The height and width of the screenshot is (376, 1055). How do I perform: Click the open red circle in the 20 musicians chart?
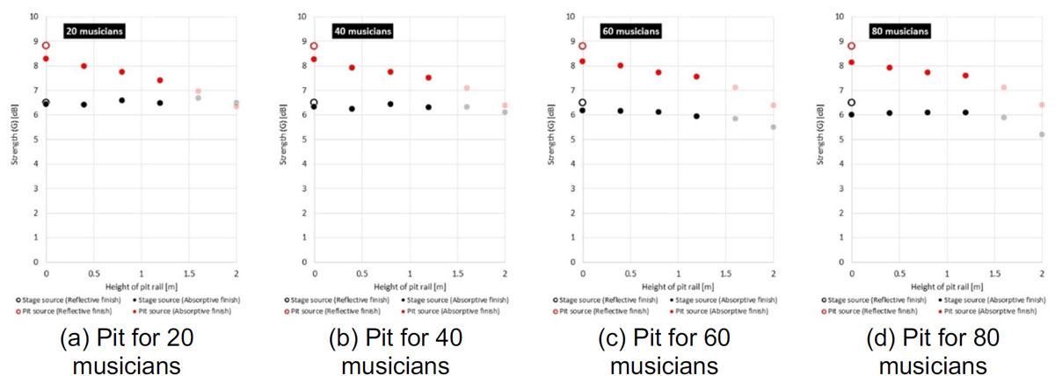[46, 45]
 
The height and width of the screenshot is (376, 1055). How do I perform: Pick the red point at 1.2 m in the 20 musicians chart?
[160, 80]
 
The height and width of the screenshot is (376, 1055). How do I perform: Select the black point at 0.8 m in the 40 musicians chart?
[390, 104]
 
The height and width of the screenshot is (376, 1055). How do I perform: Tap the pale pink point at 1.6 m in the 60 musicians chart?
[735, 87]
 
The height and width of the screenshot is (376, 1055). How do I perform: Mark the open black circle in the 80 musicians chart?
[851, 103]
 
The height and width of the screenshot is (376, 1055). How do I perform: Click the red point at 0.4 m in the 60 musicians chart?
[621, 65]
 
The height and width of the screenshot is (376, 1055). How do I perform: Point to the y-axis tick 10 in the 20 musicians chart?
[33, 17]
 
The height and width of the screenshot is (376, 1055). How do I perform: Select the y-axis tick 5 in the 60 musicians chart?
[570, 139]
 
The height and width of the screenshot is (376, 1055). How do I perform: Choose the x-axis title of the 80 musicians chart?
[946, 285]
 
